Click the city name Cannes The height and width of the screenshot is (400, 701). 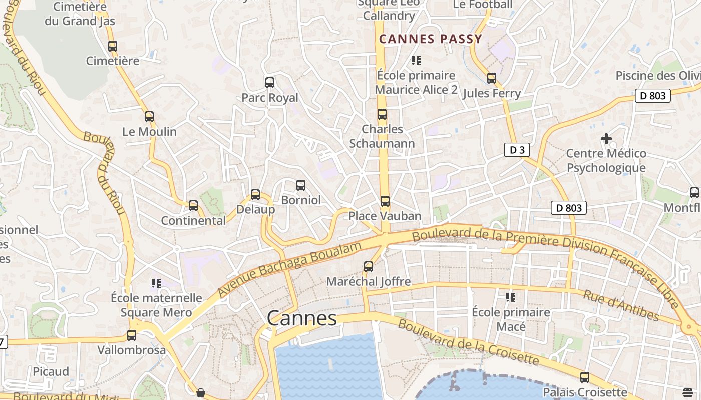[301, 318]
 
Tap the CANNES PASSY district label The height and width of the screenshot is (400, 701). [430, 39]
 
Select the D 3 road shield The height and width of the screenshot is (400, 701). [516, 150]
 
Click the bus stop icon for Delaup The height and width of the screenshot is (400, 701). [255, 195]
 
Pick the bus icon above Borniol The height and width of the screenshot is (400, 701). [300, 185]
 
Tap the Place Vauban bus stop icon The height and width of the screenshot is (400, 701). [385, 201]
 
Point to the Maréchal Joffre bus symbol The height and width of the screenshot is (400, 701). [369, 267]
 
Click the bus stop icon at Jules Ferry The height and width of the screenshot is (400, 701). [492, 78]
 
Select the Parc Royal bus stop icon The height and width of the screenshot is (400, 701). [270, 83]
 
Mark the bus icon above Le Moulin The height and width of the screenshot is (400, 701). [149, 117]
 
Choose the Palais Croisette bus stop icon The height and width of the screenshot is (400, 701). [585, 377]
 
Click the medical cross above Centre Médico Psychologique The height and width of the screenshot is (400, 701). [606, 138]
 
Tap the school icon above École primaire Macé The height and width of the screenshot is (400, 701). [511, 297]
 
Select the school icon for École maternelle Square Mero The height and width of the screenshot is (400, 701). [156, 283]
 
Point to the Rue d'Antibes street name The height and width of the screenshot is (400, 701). [620, 305]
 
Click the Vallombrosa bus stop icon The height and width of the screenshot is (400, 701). [132, 335]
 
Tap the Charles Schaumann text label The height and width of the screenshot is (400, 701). [382, 136]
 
